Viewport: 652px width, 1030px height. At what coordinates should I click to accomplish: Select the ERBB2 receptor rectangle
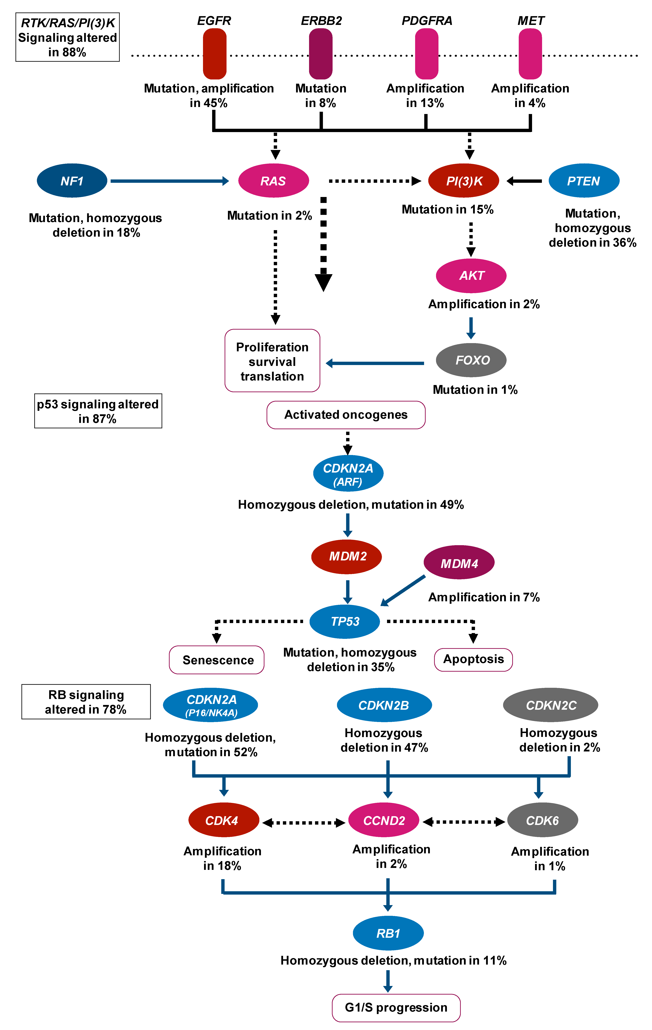pyautogui.click(x=321, y=54)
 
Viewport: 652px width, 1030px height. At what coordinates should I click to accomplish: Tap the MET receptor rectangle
pyautogui.click(x=530, y=54)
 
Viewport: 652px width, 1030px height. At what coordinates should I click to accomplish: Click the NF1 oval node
pyautogui.click(x=72, y=181)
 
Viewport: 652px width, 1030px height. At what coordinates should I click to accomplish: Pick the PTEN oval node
pyautogui.click(x=584, y=181)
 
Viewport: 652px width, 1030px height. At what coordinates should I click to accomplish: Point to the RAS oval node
pyautogui.click(x=274, y=181)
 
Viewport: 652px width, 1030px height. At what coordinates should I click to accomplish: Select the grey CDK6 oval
pyautogui.click(x=542, y=820)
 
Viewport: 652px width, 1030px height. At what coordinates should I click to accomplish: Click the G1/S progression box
pyautogui.click(x=396, y=1008)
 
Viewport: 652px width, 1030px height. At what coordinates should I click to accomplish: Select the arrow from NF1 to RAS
pyautogui.click(x=169, y=181)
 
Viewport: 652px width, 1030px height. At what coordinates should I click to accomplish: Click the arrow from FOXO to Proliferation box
pyautogui.click(x=375, y=363)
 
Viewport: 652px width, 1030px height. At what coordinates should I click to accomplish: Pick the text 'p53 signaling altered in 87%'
pyautogui.click(x=98, y=411)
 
